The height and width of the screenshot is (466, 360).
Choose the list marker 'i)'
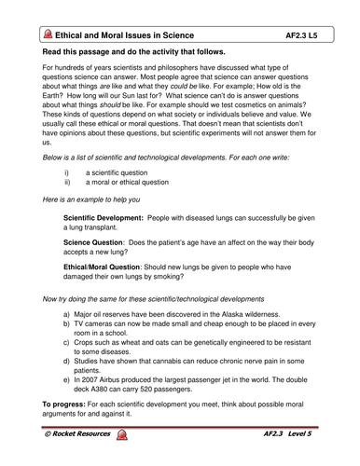(66, 198)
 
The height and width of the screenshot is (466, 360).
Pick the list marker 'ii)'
(67, 210)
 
